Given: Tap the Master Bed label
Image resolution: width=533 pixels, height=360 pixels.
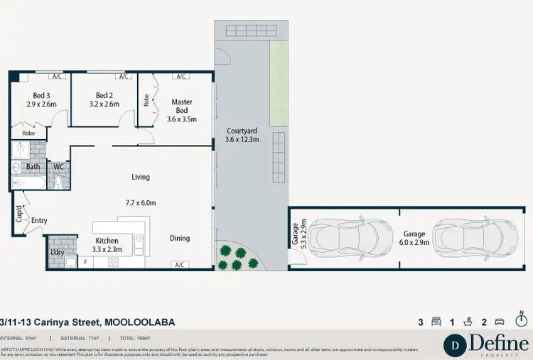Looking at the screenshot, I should pos(182,102).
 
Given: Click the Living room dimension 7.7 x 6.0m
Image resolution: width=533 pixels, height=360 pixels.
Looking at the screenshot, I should pos(140,203).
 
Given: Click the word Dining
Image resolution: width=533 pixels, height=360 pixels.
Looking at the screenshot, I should pos(180,239).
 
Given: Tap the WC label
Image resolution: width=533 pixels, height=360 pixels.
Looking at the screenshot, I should pos(58,167).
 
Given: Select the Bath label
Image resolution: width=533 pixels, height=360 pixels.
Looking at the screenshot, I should pos(33,167).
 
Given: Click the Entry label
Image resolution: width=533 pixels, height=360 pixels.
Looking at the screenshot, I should pos(38,221).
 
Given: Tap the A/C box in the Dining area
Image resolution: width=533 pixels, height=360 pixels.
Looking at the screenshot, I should pos(180,265).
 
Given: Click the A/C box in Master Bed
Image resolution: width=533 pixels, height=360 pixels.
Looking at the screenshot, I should pos(180,77).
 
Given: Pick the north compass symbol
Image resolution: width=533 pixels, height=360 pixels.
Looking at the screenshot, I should pos(522,321).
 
